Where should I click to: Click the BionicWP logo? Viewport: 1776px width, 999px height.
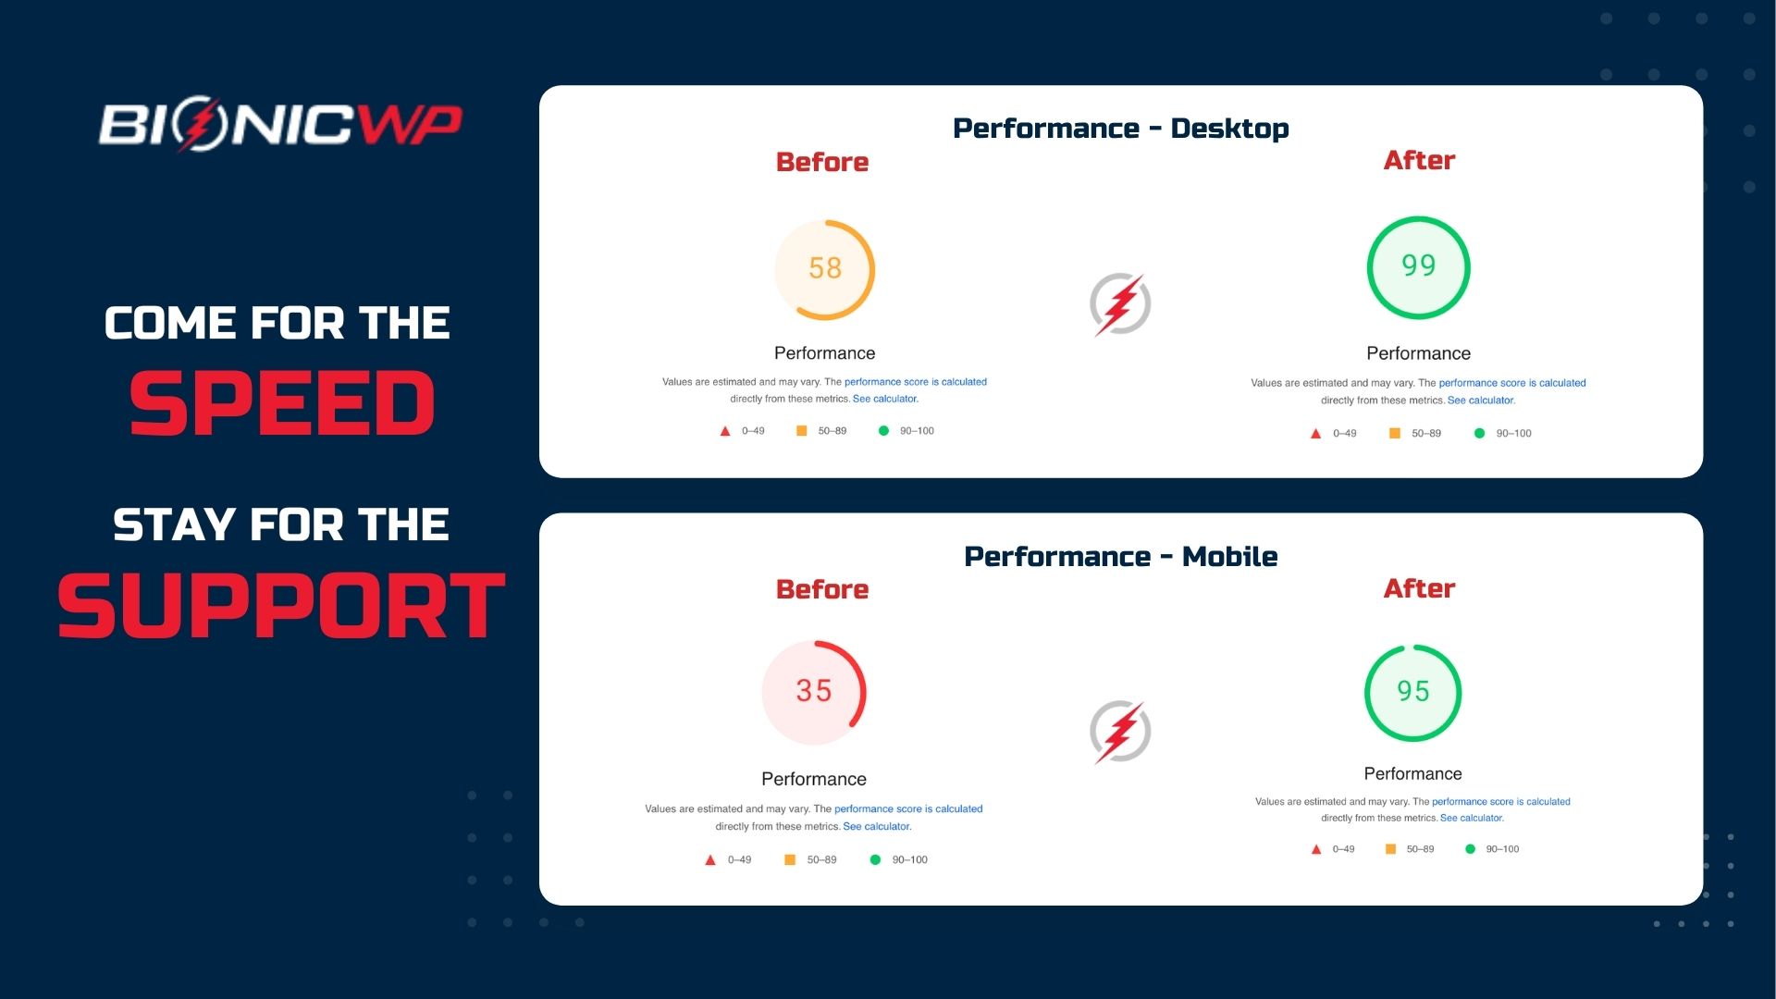click(279, 126)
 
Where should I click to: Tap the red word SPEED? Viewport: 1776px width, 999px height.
click(282, 403)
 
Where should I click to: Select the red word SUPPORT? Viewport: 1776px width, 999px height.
click(281, 606)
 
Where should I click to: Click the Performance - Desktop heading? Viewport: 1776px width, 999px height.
click(1120, 129)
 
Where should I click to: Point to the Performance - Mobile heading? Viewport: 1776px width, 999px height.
click(1120, 557)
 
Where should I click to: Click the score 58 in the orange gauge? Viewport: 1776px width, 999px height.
click(825, 268)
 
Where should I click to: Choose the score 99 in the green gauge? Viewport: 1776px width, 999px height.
click(1418, 266)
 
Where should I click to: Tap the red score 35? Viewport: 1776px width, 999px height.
click(814, 691)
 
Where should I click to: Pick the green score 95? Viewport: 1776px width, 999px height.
click(1412, 692)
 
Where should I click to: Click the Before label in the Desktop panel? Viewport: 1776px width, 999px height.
click(822, 163)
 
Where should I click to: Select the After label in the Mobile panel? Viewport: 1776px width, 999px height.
click(1419, 589)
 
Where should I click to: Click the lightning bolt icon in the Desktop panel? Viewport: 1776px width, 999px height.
click(1120, 304)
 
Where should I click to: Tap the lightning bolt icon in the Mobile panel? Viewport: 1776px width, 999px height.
click(1120, 732)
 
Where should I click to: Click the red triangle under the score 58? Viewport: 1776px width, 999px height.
click(725, 431)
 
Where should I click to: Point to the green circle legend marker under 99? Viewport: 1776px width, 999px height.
click(1479, 433)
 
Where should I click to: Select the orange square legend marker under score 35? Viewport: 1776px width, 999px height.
click(790, 860)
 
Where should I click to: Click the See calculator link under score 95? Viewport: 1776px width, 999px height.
click(1472, 819)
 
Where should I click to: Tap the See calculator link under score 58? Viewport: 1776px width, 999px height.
click(885, 400)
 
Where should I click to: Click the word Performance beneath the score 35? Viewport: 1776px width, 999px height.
click(814, 779)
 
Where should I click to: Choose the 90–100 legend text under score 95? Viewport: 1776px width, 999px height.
click(1502, 849)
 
